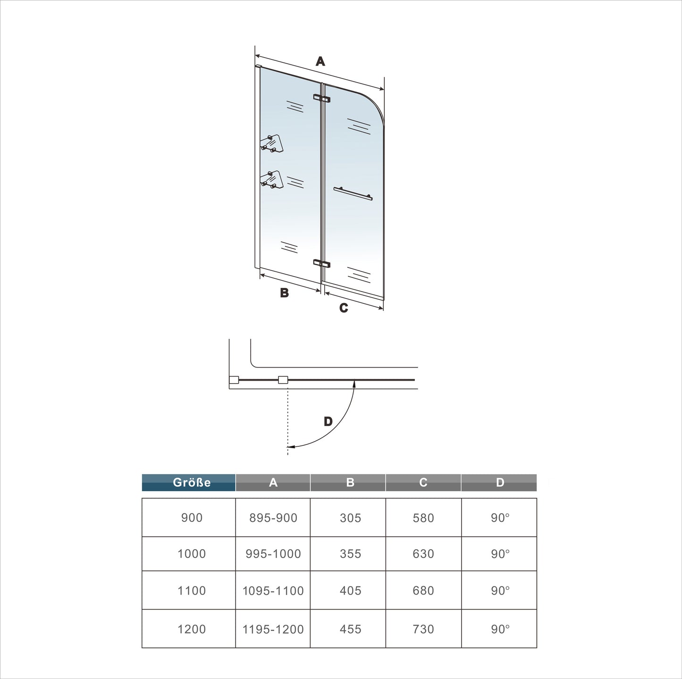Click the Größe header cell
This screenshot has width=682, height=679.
[189, 483]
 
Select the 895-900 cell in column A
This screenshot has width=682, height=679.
[273, 518]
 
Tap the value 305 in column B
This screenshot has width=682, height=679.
[350, 518]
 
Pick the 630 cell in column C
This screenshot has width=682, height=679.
[423, 554]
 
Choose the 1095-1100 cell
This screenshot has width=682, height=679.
[273, 591]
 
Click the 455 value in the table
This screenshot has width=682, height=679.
[350, 629]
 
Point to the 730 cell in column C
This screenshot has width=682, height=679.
[423, 629]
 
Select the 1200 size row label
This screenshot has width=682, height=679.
[192, 629]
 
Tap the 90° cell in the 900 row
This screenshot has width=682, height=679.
[499, 518]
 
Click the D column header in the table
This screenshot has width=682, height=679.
[499, 483]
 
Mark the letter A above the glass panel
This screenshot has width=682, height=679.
[320, 61]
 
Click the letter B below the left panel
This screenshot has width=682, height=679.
[284, 293]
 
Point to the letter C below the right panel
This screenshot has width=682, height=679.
[343, 308]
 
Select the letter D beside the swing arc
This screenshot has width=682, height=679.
[328, 421]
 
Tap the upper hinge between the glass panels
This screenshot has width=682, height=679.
[321, 99]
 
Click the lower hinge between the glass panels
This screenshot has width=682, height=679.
[321, 263]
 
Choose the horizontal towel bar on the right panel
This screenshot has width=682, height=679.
[353, 193]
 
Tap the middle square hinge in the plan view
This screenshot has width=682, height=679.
[283, 380]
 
